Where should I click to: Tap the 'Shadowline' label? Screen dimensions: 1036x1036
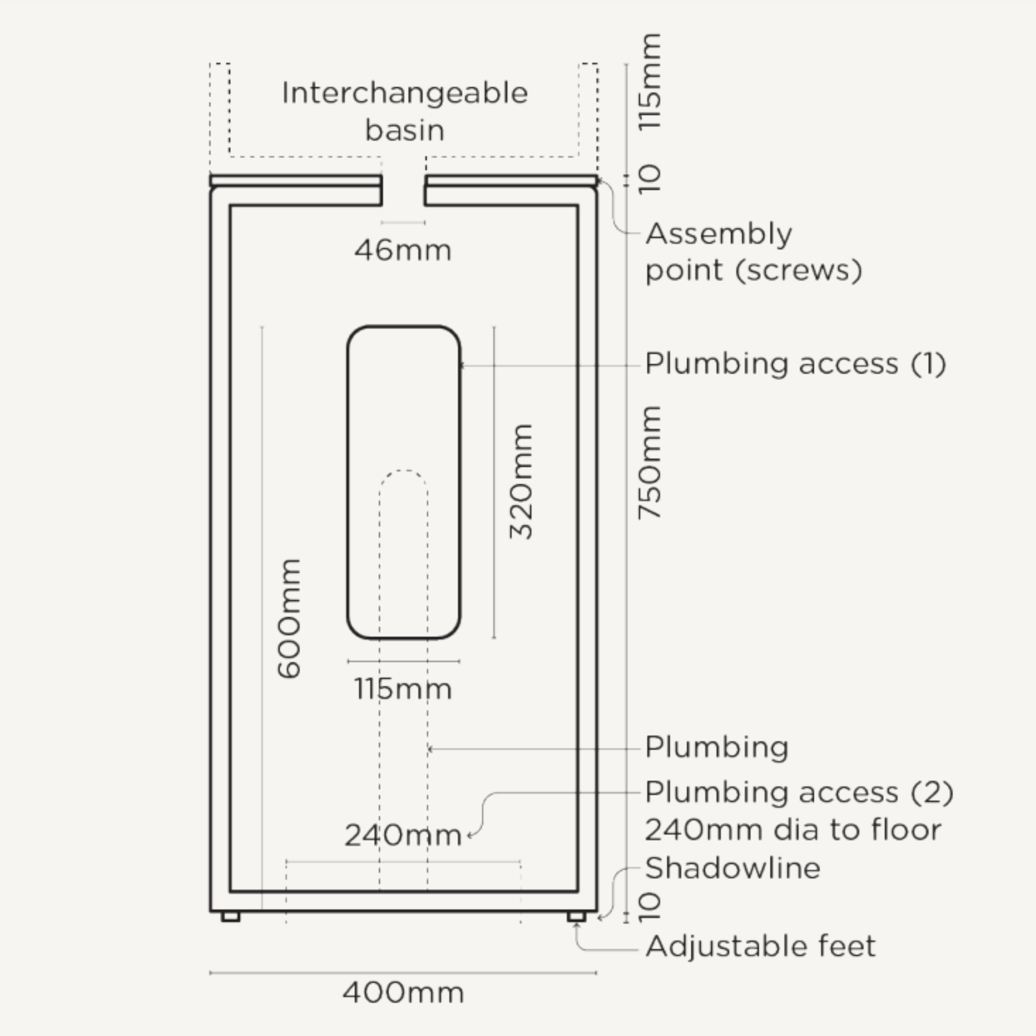click(x=733, y=868)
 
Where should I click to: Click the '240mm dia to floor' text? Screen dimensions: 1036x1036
click(x=793, y=830)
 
